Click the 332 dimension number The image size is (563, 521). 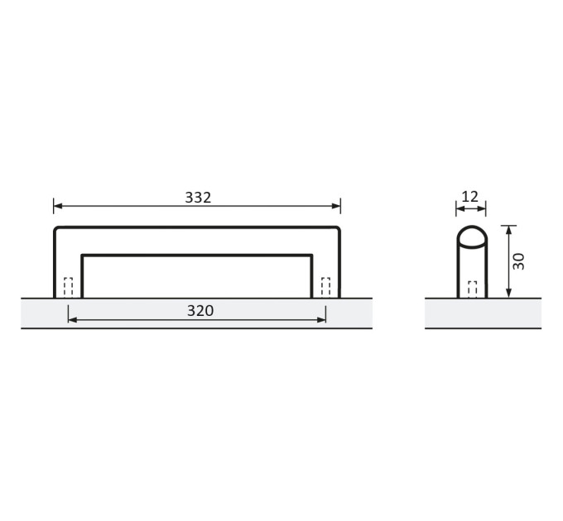(x=198, y=197)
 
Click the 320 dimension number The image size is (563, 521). (x=200, y=310)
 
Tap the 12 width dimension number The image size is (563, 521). (x=470, y=197)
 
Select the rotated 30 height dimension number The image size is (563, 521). (x=518, y=261)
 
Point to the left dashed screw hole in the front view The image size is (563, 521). (x=68, y=287)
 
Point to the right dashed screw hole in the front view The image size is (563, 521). (x=325, y=287)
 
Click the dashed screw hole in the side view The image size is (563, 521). (x=473, y=289)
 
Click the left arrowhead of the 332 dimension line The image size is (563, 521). (x=58, y=206)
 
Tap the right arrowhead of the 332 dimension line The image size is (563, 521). (x=336, y=206)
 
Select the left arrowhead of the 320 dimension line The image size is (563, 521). (x=72, y=319)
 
